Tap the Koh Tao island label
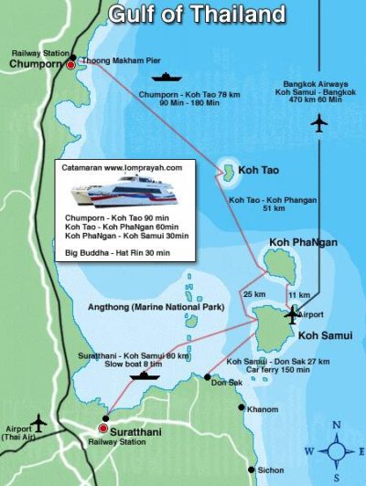[x=258, y=170]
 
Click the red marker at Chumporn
[x=71, y=65]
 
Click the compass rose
[x=336, y=450]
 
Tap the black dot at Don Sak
[x=208, y=376]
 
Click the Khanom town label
[x=262, y=409]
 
